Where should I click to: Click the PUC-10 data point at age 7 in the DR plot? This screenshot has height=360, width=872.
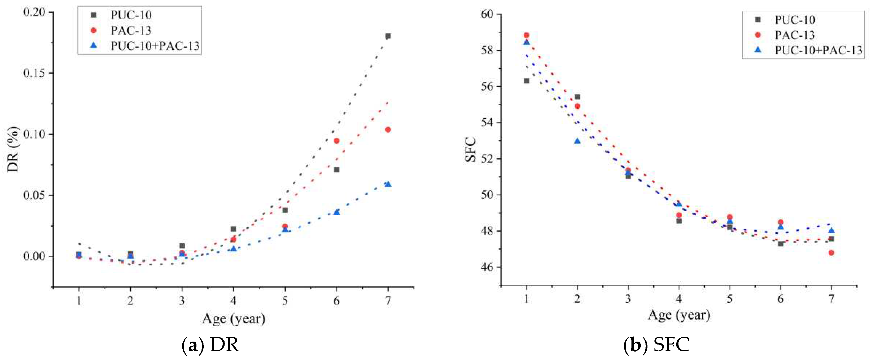coord(388,36)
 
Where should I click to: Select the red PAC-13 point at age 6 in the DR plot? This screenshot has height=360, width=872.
coord(336,141)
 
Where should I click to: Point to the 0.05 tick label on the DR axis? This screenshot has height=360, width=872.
coord(34,196)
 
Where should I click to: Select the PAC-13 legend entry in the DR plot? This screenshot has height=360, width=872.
coord(131,31)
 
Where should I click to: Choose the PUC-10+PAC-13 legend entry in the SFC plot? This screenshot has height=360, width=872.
coord(818,50)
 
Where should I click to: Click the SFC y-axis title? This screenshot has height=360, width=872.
coord(471,150)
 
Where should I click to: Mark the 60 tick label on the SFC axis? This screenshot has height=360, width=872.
coord(488,14)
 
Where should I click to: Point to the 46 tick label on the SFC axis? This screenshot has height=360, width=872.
coord(488,267)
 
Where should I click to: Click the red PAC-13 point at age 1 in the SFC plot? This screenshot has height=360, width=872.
coord(526,35)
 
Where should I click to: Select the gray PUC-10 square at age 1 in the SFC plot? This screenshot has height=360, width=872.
coord(526,81)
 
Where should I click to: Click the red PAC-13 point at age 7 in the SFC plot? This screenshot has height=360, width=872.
coord(831,253)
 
